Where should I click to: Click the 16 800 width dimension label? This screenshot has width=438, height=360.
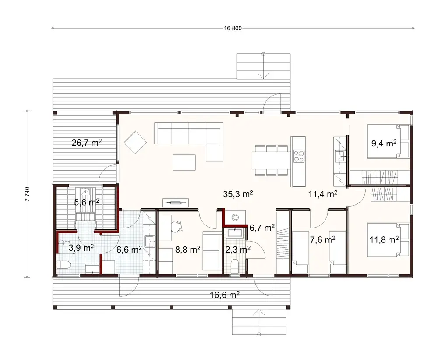(x=233, y=29)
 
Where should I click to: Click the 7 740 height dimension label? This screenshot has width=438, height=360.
(x=27, y=193)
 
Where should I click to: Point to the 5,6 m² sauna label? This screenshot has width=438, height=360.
(x=86, y=202)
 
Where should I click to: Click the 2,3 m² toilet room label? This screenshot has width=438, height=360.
(x=238, y=249)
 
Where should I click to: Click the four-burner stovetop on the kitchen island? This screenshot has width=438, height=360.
(x=299, y=155)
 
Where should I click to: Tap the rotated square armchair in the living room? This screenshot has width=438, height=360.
(x=135, y=142)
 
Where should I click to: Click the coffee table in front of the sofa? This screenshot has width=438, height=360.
(x=184, y=162)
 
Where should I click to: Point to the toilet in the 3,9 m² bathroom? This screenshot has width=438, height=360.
(x=62, y=265)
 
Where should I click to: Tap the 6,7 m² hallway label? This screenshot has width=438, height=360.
(x=262, y=227)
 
